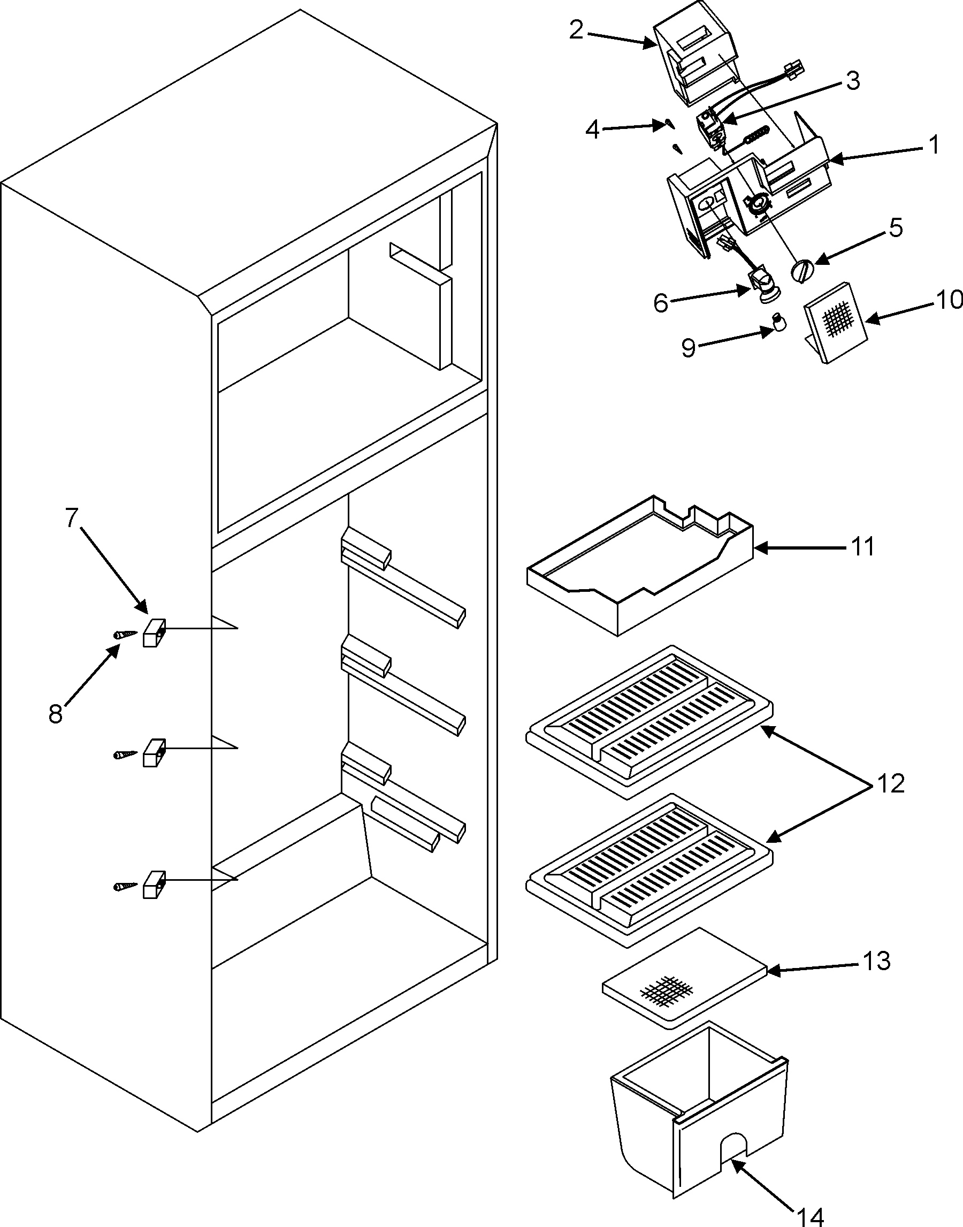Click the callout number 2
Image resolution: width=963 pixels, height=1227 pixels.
[576, 31]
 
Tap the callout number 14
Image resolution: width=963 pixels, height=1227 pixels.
[810, 1215]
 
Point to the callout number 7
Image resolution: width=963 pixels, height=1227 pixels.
[71, 517]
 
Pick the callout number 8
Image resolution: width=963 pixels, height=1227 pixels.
[55, 714]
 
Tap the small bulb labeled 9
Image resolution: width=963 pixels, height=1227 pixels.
[779, 324]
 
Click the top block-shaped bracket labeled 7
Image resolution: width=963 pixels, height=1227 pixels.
[154, 632]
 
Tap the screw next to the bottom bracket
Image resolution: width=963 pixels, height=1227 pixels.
[125, 887]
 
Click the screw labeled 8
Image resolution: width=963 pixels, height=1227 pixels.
[125, 634]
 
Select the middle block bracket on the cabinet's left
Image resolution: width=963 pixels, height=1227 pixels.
[154, 752]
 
